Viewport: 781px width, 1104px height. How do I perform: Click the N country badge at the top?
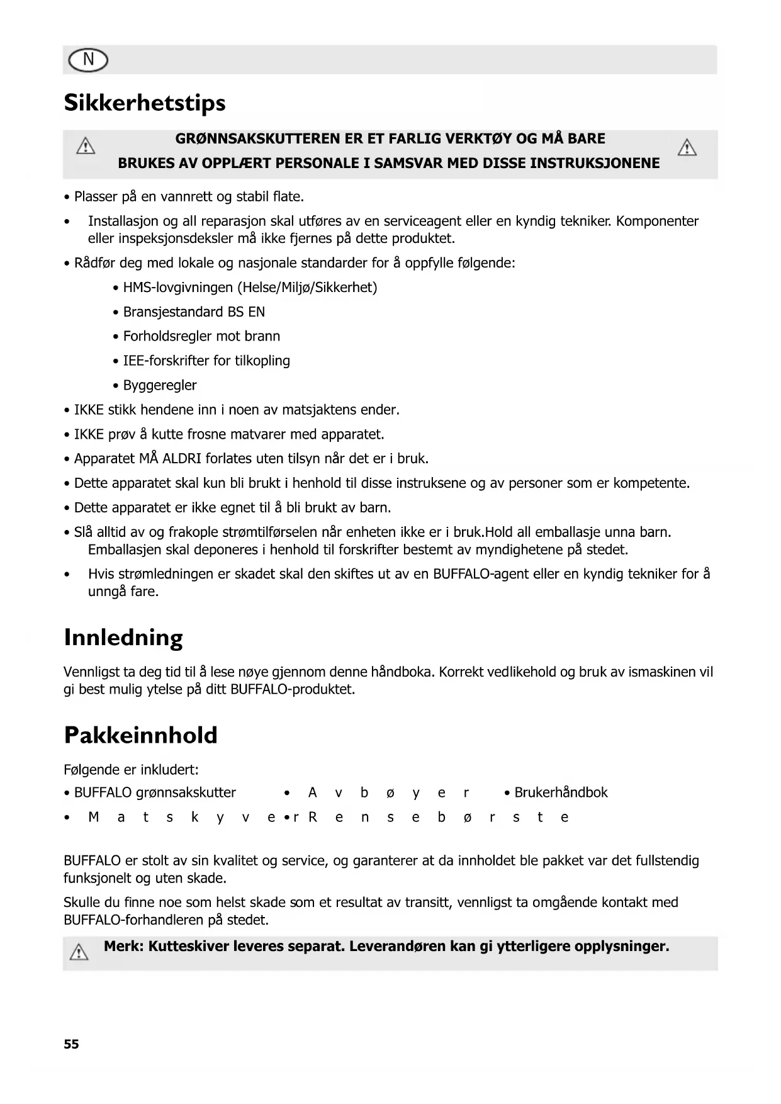click(x=87, y=60)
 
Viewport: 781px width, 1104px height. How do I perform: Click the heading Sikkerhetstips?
click(x=145, y=103)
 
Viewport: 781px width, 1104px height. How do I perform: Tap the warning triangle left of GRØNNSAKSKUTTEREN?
click(x=86, y=147)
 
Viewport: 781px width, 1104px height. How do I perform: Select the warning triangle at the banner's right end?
click(x=687, y=149)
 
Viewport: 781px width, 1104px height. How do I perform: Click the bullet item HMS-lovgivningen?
click(x=177, y=288)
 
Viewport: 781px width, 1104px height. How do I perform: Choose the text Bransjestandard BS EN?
click(x=194, y=312)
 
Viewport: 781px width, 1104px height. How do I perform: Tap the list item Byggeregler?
click(x=160, y=385)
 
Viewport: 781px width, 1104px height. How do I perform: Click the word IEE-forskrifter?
click(x=166, y=361)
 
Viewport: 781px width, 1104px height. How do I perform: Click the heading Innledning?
click(x=123, y=638)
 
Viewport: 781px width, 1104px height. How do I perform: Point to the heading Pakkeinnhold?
click(x=141, y=735)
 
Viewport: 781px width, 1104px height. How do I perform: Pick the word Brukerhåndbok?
click(x=561, y=792)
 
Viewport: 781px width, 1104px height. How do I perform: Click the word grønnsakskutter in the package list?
click(x=186, y=792)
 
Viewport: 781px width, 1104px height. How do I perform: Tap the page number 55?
click(x=71, y=1044)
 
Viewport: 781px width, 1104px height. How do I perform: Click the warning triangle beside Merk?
click(x=79, y=952)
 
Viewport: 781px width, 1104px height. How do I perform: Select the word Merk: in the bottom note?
click(x=124, y=946)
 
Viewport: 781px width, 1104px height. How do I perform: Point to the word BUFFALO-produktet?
click(x=293, y=689)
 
